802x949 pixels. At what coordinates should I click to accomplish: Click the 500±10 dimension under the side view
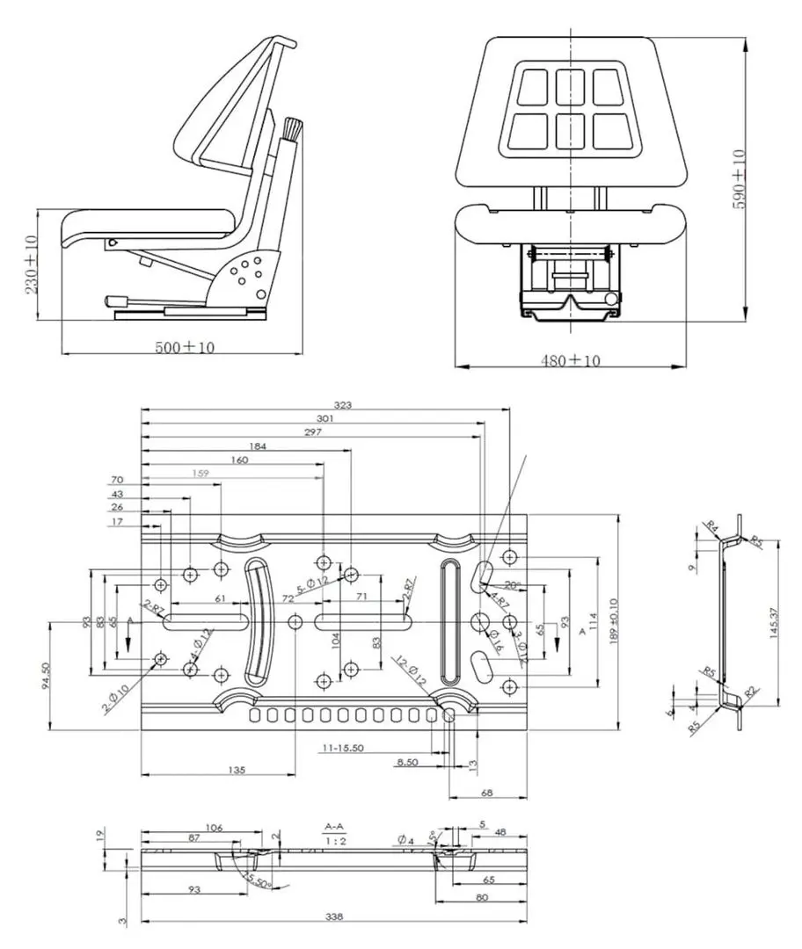point(185,347)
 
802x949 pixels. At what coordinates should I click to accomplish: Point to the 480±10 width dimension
point(572,360)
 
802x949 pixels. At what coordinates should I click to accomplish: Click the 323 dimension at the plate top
point(343,406)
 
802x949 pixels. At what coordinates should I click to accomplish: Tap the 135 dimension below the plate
point(236,770)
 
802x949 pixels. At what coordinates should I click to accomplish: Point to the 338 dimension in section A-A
point(334,917)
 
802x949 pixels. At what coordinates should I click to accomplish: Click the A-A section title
point(334,827)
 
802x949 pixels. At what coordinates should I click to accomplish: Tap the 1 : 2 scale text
point(334,841)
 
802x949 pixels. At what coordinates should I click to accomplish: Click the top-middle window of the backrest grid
point(569,87)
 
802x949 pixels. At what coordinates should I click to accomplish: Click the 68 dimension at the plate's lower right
point(487,793)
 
